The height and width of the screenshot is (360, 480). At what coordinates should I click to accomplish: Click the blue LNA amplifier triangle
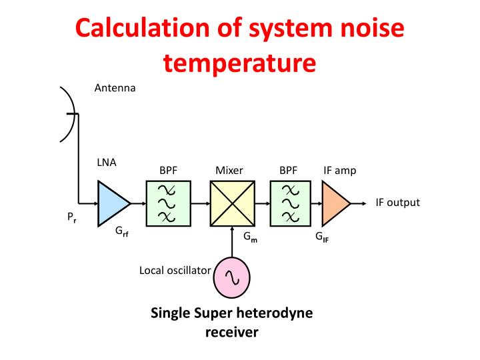112,203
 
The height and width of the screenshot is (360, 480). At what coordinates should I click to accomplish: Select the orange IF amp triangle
334,203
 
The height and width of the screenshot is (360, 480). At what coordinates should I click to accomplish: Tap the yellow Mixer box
232,203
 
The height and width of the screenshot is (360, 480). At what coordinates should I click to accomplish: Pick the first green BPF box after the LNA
167,203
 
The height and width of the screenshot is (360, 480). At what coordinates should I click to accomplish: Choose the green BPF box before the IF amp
288,203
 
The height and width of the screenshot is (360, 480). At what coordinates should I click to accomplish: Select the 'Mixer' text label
229,171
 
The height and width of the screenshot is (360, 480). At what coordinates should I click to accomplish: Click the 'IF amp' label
339,171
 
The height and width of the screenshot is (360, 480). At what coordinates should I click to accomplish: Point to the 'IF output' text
398,203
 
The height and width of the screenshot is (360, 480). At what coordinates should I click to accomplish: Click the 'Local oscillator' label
175,270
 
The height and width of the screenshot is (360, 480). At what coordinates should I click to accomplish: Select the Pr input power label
71,217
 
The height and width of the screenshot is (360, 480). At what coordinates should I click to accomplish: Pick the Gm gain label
250,237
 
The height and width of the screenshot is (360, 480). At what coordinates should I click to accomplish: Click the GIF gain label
322,237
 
